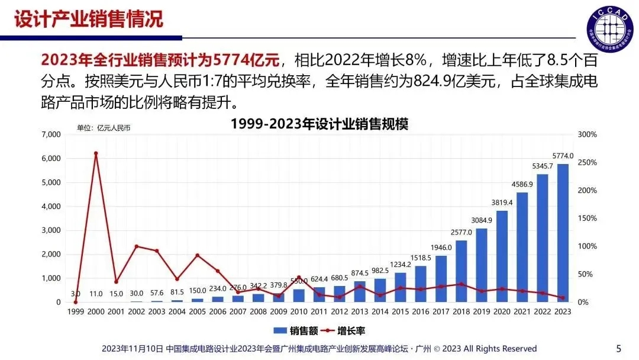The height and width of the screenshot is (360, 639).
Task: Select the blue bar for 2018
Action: click(461, 271)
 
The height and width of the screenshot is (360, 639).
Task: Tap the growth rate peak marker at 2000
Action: click(96, 153)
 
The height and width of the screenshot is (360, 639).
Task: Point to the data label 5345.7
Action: click(543, 166)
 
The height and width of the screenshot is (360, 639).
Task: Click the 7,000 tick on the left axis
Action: click(51, 135)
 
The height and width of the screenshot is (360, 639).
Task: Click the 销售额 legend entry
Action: click(292, 330)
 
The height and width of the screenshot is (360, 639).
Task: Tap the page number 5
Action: click(619, 348)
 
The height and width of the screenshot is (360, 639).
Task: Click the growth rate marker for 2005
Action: click(198, 255)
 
